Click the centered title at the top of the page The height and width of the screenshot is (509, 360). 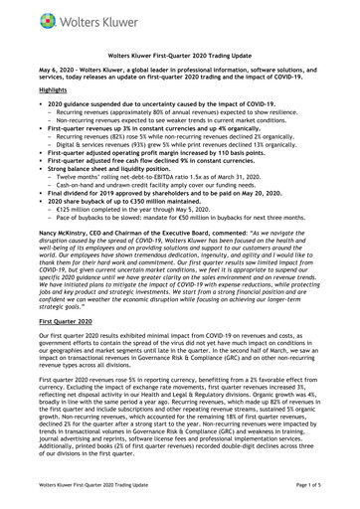[x=180, y=60]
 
